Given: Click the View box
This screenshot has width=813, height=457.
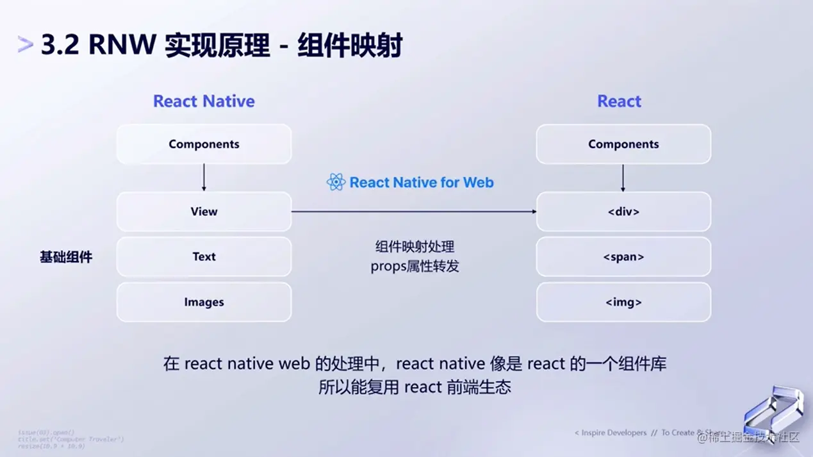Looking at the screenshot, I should (204, 212).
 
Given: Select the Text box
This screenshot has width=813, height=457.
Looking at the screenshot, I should (204, 256).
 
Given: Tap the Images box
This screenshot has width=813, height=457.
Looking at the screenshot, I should (204, 302).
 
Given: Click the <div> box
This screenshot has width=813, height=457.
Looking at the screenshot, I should (623, 212).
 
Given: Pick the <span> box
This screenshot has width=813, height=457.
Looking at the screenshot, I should (623, 256).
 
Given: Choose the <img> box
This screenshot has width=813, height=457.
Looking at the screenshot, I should (623, 302).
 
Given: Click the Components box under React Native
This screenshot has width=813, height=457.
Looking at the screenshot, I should (204, 144).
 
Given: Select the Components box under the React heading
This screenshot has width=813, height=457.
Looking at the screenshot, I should (623, 144).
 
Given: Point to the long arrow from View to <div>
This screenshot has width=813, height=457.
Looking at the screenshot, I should (414, 211).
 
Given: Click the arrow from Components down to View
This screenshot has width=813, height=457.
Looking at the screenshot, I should (204, 178).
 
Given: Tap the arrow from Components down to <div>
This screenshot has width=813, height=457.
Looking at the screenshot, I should (623, 178).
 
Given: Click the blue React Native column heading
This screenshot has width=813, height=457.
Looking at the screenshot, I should (204, 101).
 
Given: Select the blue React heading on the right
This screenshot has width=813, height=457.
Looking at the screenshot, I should (619, 101).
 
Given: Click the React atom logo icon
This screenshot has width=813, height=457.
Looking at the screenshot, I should (336, 183).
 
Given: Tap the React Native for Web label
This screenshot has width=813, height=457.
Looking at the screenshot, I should (422, 183).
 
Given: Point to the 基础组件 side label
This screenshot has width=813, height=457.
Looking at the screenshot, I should (66, 257).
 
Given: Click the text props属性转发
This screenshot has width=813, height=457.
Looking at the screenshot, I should (415, 266).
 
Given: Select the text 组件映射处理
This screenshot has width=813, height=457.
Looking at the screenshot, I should (415, 247).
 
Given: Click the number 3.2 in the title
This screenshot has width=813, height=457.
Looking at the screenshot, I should (61, 46).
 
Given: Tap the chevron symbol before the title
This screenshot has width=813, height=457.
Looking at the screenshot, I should (26, 45).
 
